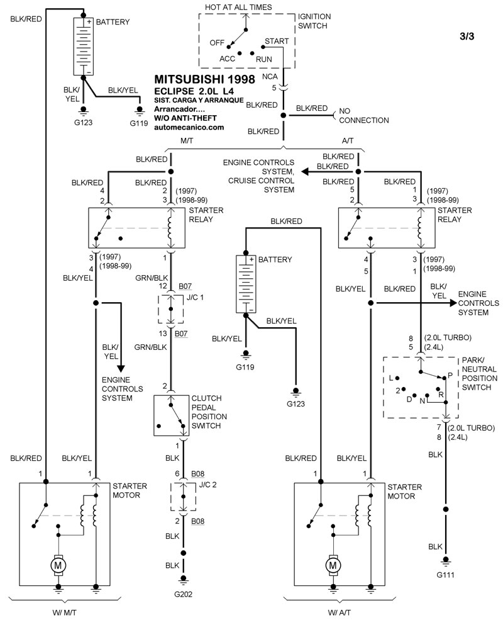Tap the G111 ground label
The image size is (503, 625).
click(x=446, y=575)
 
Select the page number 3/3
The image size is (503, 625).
click(x=467, y=36)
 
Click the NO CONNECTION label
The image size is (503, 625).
click(x=364, y=115)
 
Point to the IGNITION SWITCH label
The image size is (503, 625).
click(x=314, y=20)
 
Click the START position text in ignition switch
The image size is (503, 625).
click(x=277, y=41)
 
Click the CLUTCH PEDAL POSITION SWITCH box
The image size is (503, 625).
click(x=172, y=415)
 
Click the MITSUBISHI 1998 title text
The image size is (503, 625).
click(x=204, y=79)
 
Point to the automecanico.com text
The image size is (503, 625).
click(x=189, y=127)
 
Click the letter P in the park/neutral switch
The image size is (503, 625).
click(x=450, y=374)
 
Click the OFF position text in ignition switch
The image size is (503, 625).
click(x=217, y=43)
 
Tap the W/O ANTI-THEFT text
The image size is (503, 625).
click(x=187, y=118)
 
